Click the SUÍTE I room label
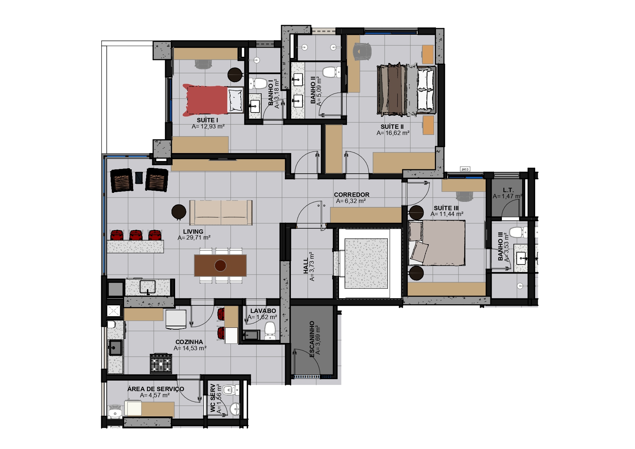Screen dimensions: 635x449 pos(207,120)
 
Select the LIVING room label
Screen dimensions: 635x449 pos(193,232)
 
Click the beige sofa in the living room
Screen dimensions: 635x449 pos(221,212)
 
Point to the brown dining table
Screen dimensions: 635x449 pos(220,265)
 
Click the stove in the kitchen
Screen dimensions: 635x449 pos(161,363)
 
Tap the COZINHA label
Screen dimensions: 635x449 pos(189,342)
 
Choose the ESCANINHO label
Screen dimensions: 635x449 pos(312,339)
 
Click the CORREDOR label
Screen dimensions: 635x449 pos(352,195)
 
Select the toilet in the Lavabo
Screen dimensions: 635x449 pos(270,331)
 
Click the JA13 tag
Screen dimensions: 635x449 pos(465,169)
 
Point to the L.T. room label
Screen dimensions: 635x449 pos(508,190)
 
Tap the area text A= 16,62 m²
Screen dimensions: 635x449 pos(393,133)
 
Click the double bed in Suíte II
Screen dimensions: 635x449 pos(406,90)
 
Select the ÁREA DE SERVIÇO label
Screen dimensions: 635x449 pos(156,389)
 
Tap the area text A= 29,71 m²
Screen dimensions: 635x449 pos(194,238)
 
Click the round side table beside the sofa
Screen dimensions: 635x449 pos(179,212)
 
